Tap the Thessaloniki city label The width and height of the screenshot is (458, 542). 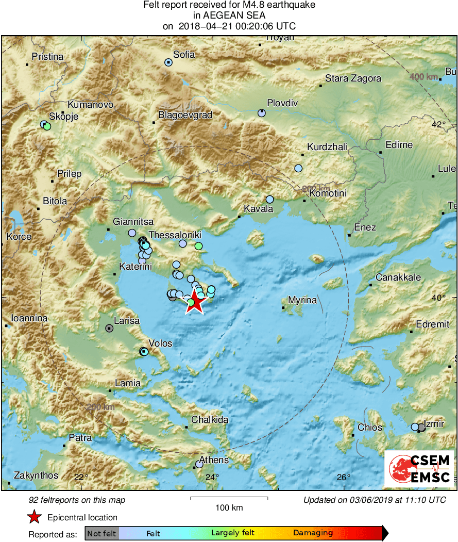[x=175, y=235]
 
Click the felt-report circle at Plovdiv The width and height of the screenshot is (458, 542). [x=262, y=113]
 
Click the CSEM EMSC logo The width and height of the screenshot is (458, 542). [x=419, y=469]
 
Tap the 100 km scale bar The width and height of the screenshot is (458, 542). [x=229, y=498]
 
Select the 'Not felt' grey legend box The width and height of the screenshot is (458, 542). [x=101, y=533]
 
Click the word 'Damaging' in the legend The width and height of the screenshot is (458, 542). [x=313, y=533]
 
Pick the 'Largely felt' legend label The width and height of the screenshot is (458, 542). [x=231, y=533]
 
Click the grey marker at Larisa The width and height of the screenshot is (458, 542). [x=109, y=328]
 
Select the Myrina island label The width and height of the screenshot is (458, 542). [x=302, y=300]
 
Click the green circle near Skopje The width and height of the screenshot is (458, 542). [x=47, y=126]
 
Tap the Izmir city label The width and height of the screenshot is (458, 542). [x=434, y=424]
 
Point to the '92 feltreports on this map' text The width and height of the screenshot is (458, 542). [x=77, y=500]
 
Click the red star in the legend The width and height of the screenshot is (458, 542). [x=34, y=517]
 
